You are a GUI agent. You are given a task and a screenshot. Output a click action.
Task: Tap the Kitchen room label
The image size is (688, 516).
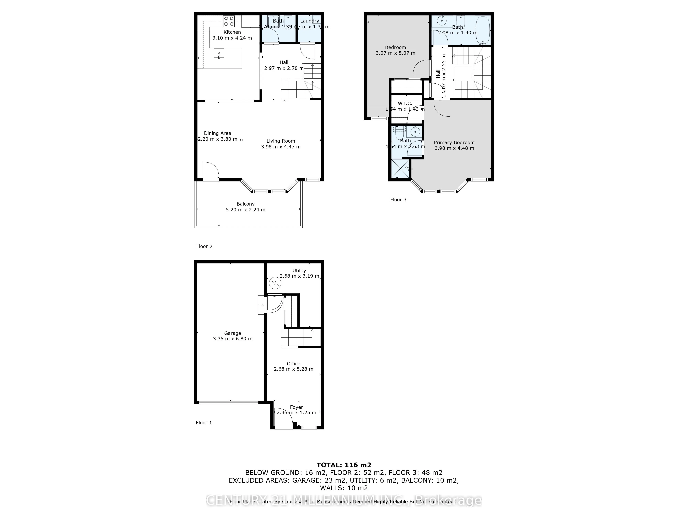(232, 32)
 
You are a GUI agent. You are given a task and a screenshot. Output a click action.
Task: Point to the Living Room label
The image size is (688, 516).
(281, 141)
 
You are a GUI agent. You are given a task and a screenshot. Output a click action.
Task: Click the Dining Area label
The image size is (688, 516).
(217, 133)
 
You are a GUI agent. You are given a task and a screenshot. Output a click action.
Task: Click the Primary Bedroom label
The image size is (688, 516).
(454, 142)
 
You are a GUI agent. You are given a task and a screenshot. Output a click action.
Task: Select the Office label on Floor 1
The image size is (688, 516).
(293, 364)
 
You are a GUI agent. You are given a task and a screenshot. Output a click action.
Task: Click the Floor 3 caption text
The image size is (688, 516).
(398, 200)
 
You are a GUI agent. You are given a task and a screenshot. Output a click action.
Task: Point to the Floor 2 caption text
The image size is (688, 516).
(204, 246)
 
